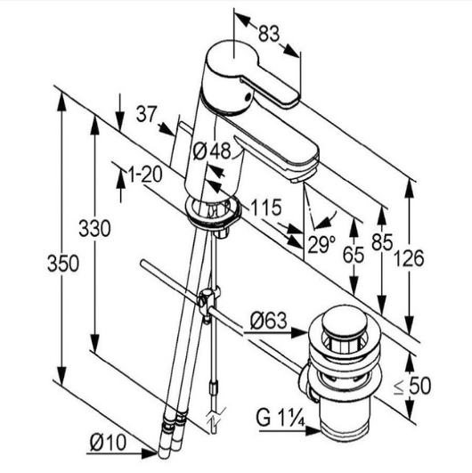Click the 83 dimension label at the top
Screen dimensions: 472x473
pos(269,33)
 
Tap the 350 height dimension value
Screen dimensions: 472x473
pos(63,263)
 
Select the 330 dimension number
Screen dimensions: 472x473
pos(94,228)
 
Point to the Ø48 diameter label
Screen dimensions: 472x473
pos(212,151)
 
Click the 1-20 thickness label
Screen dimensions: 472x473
pos(145,174)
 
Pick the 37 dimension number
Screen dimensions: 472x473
pos(147,114)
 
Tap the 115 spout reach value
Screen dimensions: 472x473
pos(266,208)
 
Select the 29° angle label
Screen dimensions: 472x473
pos(321,244)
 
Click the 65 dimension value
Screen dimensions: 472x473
pos(354,255)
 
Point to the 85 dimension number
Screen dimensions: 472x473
pos(382,242)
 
